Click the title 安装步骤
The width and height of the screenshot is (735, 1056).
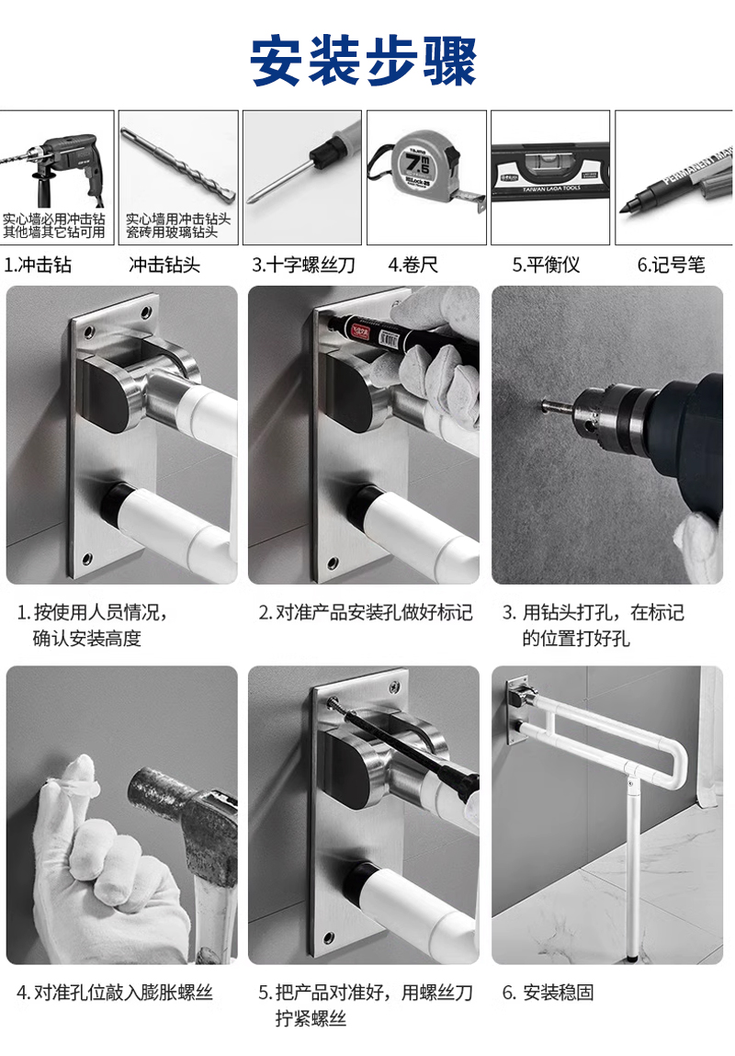coord(364,61)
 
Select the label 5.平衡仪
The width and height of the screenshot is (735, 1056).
coord(546,265)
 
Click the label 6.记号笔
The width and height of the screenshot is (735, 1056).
coord(671,265)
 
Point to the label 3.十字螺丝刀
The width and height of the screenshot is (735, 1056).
coord(303,265)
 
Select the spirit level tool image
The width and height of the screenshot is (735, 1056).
coord(550,173)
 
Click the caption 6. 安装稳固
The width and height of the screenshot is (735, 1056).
coord(548,992)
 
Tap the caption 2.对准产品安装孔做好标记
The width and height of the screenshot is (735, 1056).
coord(366,612)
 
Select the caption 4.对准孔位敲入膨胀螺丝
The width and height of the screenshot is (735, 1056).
coord(115,992)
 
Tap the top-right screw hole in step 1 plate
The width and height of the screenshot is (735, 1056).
coord(146,313)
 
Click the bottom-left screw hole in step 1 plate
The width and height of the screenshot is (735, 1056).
coord(87,558)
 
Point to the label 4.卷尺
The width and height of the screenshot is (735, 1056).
coord(413,265)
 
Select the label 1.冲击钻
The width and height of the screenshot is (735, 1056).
coord(38,265)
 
